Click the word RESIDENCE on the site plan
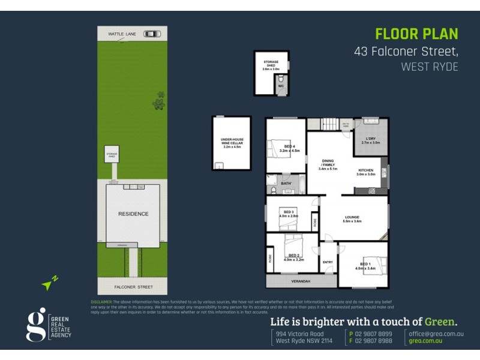click(133, 214)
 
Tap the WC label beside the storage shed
click(280, 86)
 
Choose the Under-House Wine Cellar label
click(231, 145)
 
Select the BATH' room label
click(286, 183)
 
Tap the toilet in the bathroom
click(273, 190)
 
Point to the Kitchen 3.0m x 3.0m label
click(366, 172)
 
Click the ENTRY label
click(328, 262)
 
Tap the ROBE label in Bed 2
click(270, 259)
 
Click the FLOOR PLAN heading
click(416, 34)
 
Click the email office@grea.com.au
click(436, 334)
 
